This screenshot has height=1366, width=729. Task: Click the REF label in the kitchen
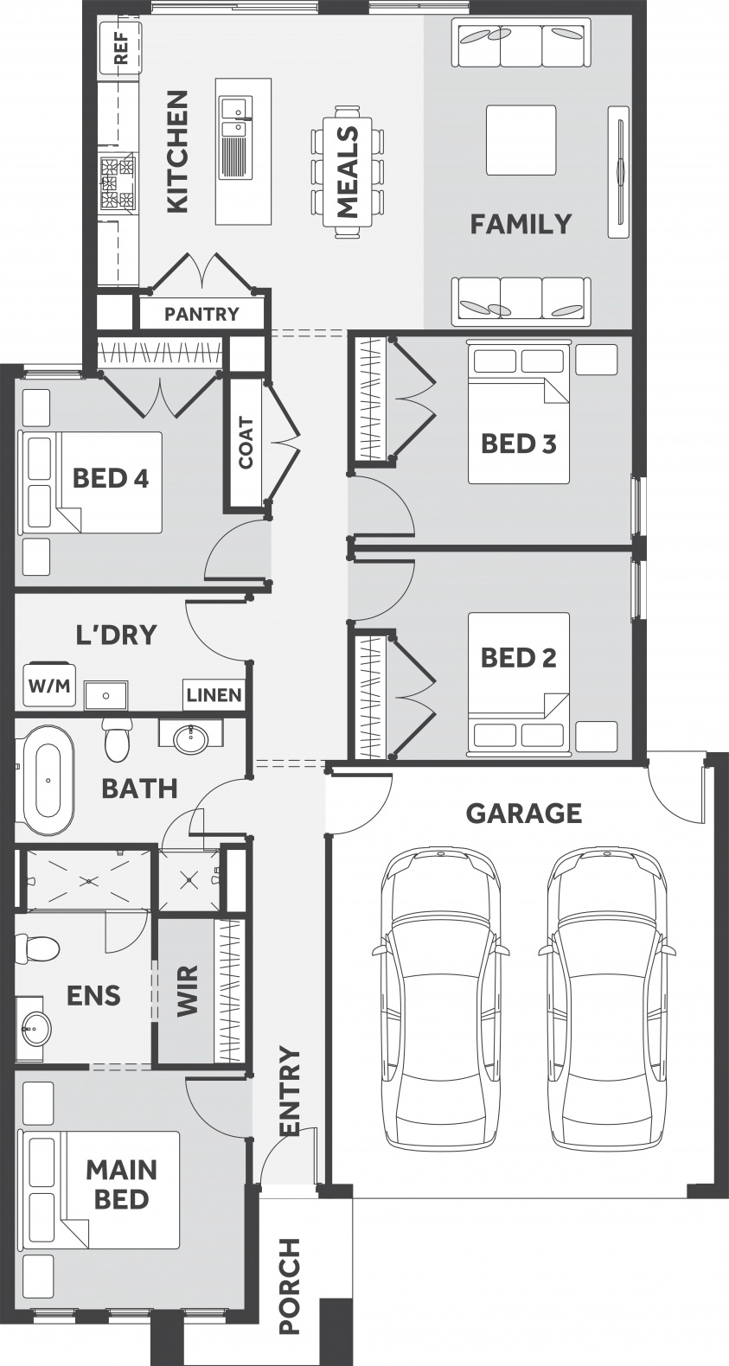coord(121,48)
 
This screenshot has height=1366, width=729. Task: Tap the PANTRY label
coord(201,314)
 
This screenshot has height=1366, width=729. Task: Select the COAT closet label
coord(246,443)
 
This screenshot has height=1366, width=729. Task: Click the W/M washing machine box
coord(49,686)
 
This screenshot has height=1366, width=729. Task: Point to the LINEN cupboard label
coord(214,695)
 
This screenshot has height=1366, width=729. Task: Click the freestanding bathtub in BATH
coord(48,781)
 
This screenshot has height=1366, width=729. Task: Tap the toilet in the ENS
coord(37,948)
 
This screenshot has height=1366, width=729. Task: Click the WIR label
coord(188,990)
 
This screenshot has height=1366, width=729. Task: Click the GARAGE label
coord(523,813)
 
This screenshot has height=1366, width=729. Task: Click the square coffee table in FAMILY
coord(521,140)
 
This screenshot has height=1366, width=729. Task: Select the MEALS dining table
coord(348,172)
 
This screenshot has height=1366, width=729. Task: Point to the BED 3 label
coord(519,444)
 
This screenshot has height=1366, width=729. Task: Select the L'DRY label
coord(116,635)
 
